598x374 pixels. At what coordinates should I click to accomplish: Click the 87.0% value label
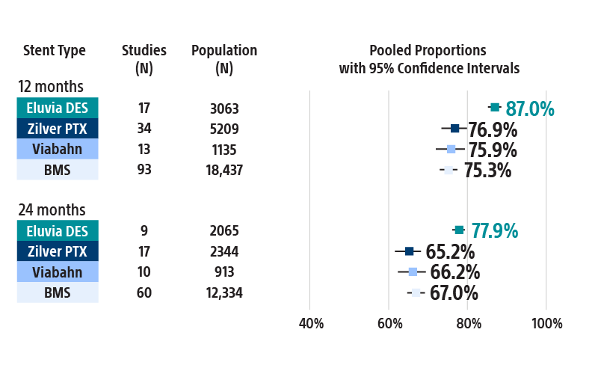tap(530, 109)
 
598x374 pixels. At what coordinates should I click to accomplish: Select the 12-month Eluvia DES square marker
tap(495, 108)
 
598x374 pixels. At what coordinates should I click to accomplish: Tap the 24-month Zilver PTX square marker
tap(409, 251)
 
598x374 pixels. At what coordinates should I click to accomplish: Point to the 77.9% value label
tap(494, 231)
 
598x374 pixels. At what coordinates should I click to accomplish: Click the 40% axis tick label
tap(311, 324)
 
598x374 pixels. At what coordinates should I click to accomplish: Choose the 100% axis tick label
tap(546, 324)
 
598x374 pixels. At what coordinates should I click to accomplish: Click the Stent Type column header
tap(55, 51)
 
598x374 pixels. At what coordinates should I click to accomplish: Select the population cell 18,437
tap(224, 171)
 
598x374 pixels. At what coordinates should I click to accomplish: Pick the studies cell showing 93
tap(144, 170)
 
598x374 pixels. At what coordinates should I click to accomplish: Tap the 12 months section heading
tap(51, 87)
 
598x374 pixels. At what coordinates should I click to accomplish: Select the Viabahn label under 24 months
tap(58, 272)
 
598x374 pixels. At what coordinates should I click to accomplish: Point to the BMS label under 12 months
tap(58, 170)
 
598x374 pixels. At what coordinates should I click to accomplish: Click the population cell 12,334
tap(224, 293)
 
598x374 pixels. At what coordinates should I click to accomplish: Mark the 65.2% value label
tap(450, 252)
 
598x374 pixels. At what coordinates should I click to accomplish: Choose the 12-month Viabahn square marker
tap(451, 150)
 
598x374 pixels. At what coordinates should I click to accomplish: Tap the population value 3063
tap(224, 108)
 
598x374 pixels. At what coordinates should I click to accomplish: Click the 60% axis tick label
tap(389, 324)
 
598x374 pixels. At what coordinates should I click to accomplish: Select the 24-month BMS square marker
tap(416, 292)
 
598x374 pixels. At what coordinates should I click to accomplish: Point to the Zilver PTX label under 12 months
tap(58, 129)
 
